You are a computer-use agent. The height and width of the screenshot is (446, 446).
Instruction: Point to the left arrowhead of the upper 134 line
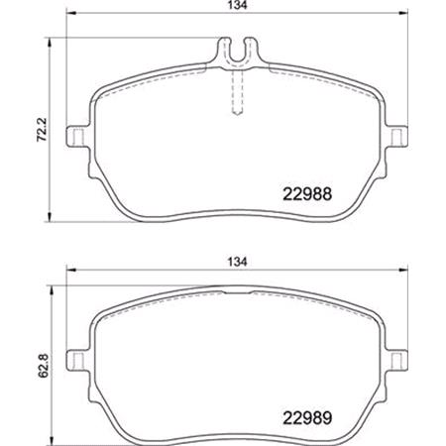69,20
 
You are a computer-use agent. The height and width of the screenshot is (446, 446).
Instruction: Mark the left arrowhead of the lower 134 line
69,275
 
